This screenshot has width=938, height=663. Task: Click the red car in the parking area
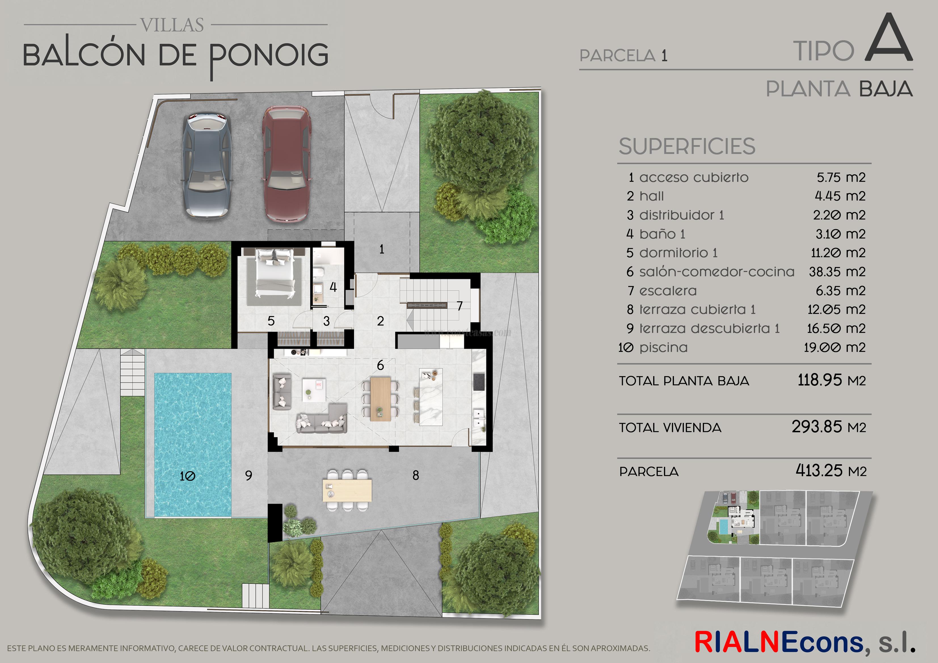point(286,164)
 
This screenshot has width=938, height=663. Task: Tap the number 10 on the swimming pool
point(187,476)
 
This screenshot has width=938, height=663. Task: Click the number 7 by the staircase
point(459,306)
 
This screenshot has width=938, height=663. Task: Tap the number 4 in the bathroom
point(333,287)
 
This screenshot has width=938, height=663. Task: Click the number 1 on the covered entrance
point(381,249)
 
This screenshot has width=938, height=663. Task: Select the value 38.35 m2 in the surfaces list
point(837,272)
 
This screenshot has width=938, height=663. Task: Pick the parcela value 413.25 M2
point(831,471)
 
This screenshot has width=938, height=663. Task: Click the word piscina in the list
point(663,348)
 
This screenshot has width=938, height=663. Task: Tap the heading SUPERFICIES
point(687,147)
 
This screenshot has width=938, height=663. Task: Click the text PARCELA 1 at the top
point(623,56)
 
